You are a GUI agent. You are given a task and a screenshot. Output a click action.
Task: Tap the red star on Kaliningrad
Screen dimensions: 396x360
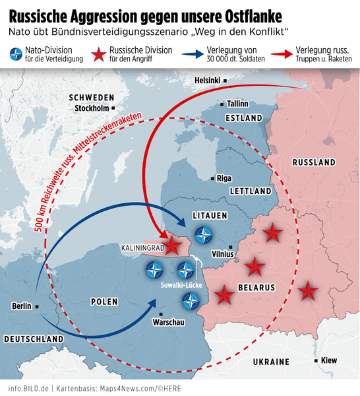point(172,246)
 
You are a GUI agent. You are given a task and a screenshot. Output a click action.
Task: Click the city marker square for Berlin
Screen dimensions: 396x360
point(38,306)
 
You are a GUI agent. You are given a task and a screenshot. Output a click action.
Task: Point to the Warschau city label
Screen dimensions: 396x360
point(167,323)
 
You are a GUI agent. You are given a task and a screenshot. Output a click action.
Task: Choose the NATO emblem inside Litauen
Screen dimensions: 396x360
point(204,234)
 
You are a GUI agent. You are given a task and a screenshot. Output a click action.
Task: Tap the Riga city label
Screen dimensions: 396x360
point(224,178)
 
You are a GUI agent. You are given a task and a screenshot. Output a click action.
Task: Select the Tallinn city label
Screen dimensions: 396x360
point(237,104)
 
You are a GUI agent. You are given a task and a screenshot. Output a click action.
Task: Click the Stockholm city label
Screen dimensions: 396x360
point(92,108)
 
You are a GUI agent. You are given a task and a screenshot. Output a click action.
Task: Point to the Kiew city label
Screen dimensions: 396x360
point(330,360)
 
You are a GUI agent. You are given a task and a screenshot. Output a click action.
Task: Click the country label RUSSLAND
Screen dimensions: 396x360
point(313,162)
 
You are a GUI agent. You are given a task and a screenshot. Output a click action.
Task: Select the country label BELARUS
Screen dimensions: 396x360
point(257,287)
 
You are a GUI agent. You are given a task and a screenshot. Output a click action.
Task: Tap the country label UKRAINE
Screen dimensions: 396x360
point(272,362)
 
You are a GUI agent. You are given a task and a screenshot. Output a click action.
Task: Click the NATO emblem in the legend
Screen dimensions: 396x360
point(14,53)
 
